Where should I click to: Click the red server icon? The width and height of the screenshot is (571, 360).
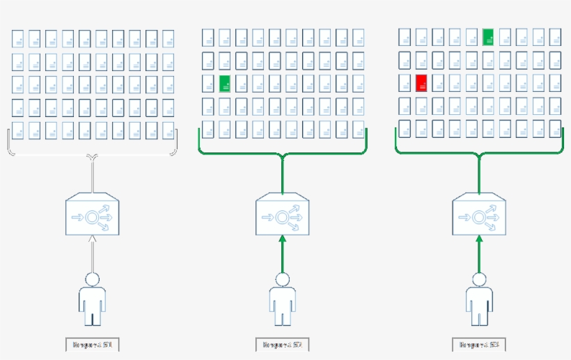click(421, 84)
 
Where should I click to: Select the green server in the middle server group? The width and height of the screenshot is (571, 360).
click(224, 84)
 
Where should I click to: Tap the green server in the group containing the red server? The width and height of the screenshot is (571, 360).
click(488, 38)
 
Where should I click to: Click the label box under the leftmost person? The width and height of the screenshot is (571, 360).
click(92, 344)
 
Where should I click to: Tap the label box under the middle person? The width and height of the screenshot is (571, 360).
click(282, 344)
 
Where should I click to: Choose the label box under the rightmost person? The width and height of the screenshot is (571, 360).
click(478, 344)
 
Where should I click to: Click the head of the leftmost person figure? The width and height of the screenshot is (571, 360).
click(92, 279)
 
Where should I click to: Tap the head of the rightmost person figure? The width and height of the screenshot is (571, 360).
click(478, 279)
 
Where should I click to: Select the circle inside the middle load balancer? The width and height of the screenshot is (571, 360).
click(283, 217)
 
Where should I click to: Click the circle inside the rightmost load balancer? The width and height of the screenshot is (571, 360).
click(479, 217)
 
